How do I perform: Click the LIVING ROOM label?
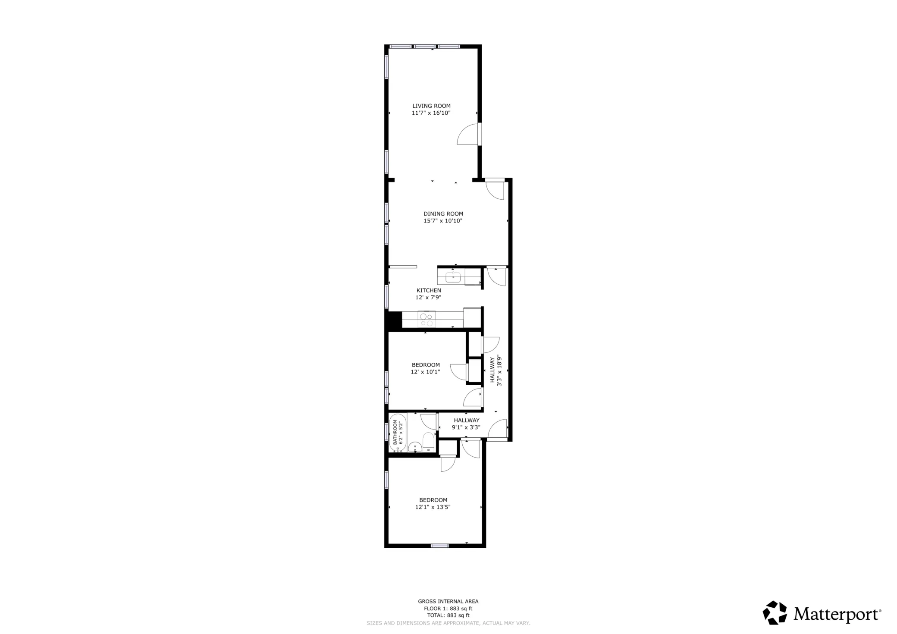pos(431,106)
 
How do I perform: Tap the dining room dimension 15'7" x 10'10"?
pos(443,221)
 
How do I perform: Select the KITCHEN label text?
pos(429,290)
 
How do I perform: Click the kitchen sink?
pos(453,277)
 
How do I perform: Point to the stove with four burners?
pos(426,320)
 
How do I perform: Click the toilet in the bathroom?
pos(428,443)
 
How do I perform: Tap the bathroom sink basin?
pos(415,447)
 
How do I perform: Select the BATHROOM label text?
pos(395,432)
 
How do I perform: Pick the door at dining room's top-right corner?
pos(495,190)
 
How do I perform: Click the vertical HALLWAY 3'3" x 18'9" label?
pos(496,370)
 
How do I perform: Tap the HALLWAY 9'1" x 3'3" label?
pos(466,424)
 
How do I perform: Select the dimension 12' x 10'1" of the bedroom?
pos(425,372)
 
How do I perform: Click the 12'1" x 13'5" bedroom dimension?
pos(433,507)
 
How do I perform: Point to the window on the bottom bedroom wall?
pos(439,546)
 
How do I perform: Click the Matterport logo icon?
pos(775,613)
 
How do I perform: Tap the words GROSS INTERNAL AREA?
pos(448,601)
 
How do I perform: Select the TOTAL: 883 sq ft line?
pos(448,615)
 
